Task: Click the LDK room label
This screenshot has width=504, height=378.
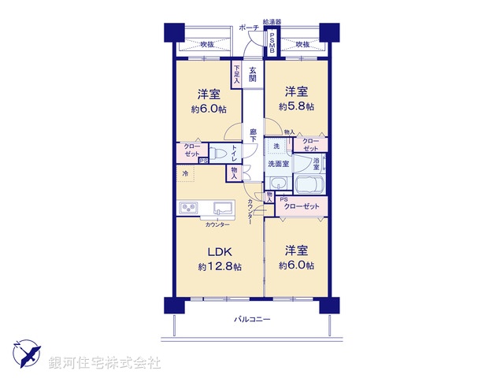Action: pos(219,252)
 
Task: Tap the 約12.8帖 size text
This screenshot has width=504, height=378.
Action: pos(220,267)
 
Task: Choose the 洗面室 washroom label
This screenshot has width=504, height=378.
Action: pos(278,164)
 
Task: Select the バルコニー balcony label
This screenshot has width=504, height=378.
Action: pos(252,320)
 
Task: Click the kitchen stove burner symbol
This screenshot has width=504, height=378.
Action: pos(189,209)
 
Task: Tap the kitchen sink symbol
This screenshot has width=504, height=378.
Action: pos(221,209)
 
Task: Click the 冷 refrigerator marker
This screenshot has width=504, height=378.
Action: pos(185,172)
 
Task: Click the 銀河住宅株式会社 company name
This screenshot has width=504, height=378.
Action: pos(105,363)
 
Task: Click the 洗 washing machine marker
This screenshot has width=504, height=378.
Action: pos(276,146)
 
